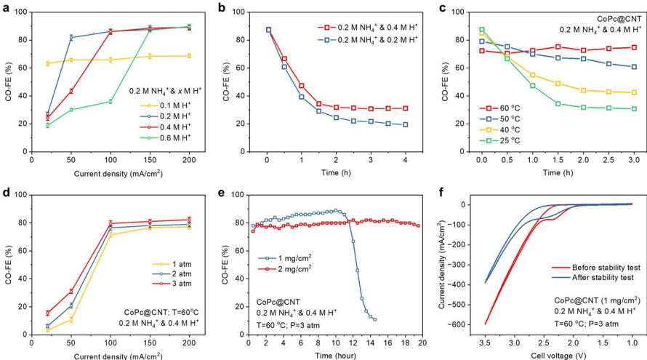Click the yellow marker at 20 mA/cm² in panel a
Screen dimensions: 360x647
pyautogui.click(x=48, y=64)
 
